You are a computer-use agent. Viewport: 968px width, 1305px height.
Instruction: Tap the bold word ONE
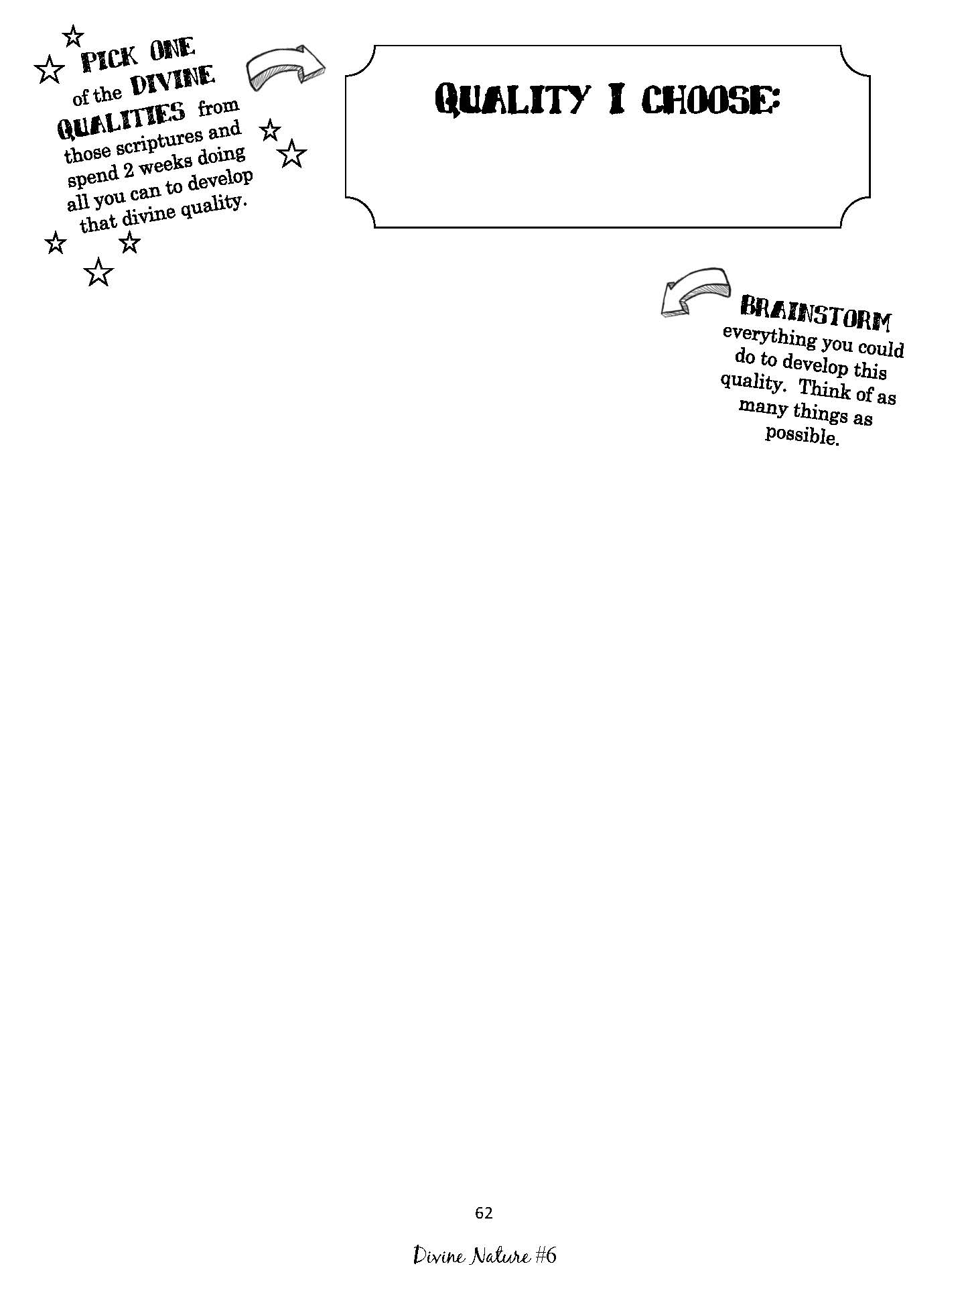tap(172, 49)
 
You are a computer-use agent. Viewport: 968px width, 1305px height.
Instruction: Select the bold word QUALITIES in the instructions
tap(121, 120)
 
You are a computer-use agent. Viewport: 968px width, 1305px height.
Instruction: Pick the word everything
tap(770, 338)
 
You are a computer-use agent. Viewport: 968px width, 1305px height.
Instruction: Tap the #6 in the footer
tap(545, 1255)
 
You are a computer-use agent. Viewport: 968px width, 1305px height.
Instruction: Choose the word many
tap(764, 408)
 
